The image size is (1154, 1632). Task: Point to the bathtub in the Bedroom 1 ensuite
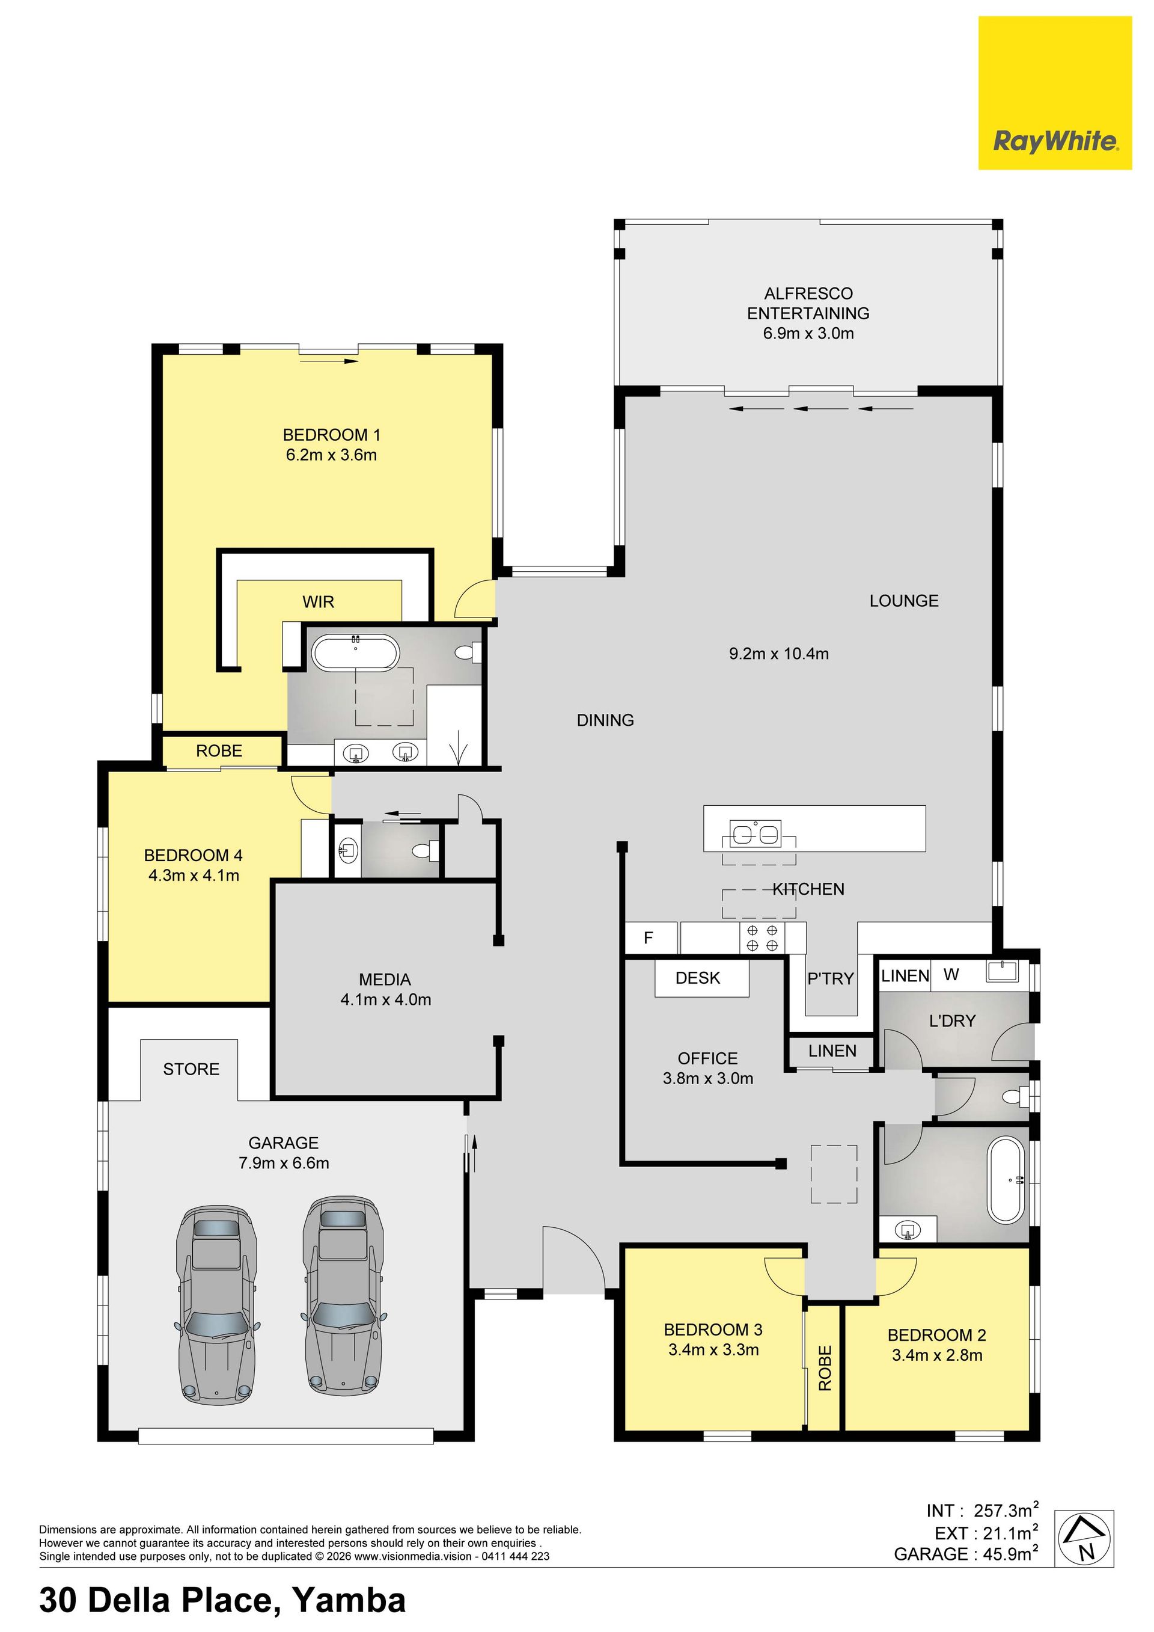[x=355, y=652]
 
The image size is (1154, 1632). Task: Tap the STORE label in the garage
[x=191, y=1069]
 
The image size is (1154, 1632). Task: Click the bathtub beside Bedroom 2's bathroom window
[x=1006, y=1180]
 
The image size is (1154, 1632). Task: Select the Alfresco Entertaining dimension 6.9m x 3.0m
[x=808, y=333]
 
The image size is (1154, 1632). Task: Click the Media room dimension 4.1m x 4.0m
[x=386, y=999]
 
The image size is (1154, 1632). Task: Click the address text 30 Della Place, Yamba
[x=222, y=1600]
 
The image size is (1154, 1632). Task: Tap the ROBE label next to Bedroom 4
[x=219, y=750]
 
